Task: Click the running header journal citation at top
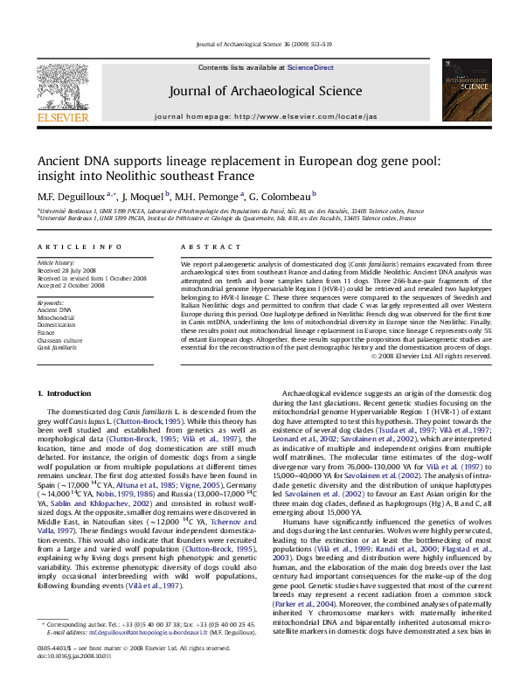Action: [x=260, y=43]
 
